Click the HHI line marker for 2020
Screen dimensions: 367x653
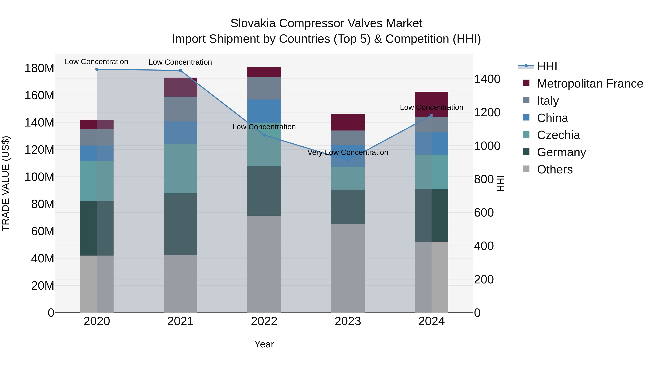[96, 69]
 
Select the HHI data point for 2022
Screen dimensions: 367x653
[264, 135]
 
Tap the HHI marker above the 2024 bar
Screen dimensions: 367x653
[432, 115]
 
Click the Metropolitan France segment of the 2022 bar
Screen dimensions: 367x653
[264, 72]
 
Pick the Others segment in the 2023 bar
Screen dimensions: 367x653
[348, 268]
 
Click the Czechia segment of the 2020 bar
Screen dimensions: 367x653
[96, 181]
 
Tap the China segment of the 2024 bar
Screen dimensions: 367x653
[432, 143]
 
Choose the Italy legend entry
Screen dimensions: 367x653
[548, 101]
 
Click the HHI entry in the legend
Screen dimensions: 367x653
[547, 66]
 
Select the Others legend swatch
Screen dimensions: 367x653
[526, 169]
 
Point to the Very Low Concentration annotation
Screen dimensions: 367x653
[348, 152]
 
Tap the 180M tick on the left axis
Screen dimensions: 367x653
[39, 68]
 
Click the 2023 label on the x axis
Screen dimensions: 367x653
[348, 321]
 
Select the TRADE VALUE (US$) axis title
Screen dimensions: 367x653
[6, 183]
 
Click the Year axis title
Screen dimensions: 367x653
[264, 344]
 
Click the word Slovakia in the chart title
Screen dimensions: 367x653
[253, 23]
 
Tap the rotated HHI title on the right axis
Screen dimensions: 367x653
[500, 183]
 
